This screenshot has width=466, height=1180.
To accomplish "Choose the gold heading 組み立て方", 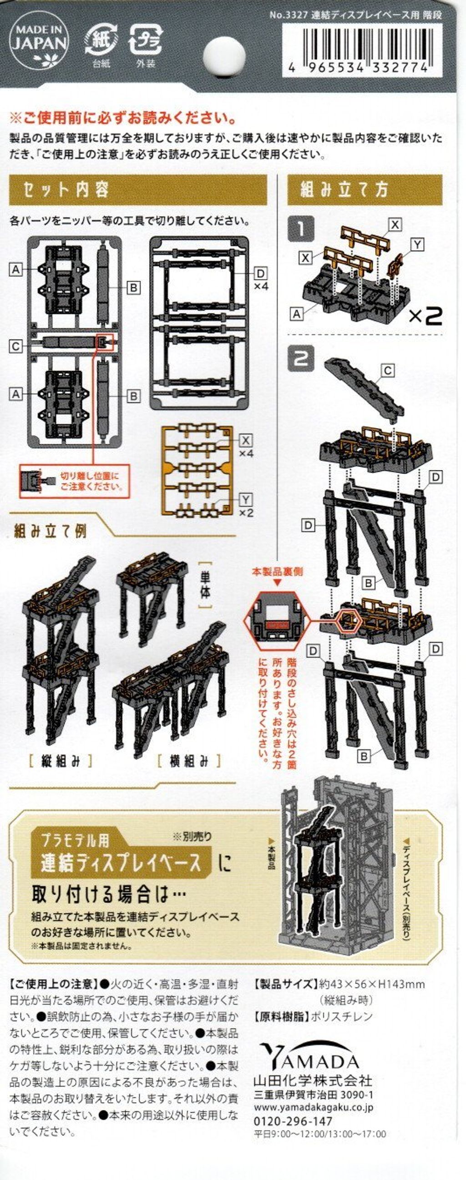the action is pos(344,189).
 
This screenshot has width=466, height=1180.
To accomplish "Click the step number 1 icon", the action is pos(301,229).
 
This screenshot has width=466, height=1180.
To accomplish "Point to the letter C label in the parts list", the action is pos(16,346).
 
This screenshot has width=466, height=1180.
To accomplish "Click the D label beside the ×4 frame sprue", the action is pos(260,274).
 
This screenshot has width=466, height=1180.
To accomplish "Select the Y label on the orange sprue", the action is pos(246,500).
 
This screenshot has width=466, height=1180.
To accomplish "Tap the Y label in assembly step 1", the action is pos(417,245).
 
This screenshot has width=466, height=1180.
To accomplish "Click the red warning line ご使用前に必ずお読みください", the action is pos(123,119).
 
